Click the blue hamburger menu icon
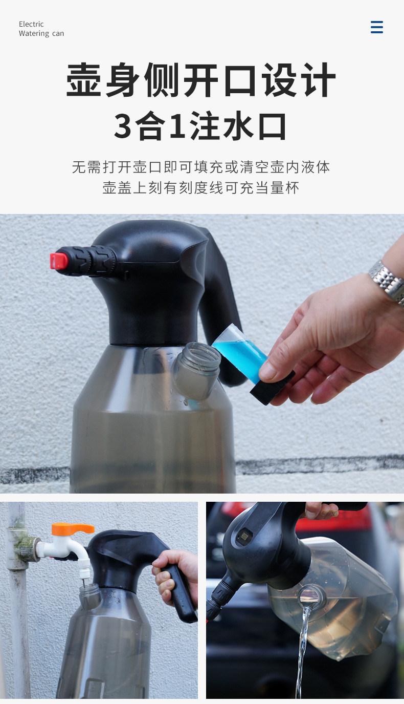pos(377,27)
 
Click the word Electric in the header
pos(31,24)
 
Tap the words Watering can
pos(41,34)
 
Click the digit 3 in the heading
pos(123,126)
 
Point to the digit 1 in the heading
pos(177,126)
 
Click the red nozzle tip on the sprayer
pos(59,261)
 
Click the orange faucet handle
pos(73,528)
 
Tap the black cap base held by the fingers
pos(273,388)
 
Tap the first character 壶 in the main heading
pos(84,80)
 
